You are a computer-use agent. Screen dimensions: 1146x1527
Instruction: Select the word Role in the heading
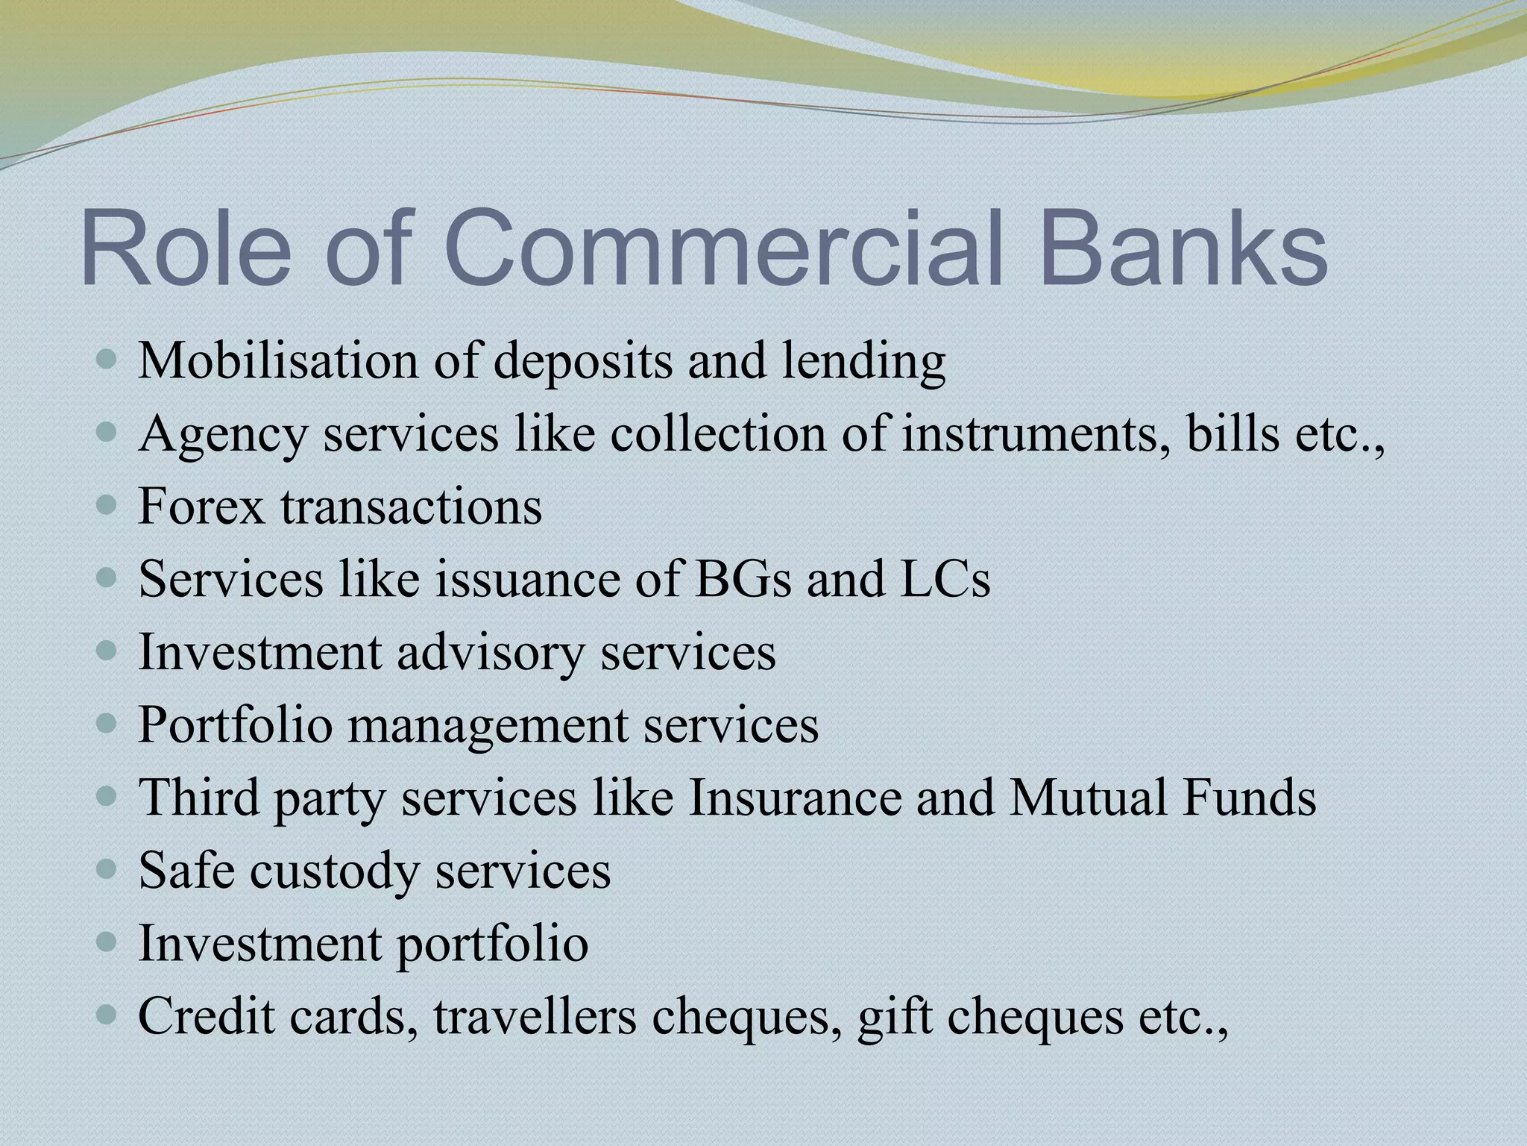click(186, 248)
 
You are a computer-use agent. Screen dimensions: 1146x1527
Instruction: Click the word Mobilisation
click(278, 361)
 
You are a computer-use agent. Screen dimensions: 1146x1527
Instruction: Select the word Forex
click(202, 507)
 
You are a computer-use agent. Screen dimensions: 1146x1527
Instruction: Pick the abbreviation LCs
click(945, 580)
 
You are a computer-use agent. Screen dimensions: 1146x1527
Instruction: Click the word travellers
click(535, 1017)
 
